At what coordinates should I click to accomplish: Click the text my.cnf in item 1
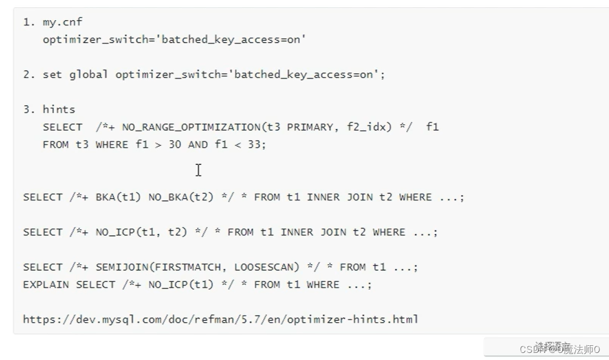click(x=63, y=22)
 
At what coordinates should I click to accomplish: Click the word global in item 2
click(x=89, y=74)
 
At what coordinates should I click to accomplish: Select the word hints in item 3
click(x=59, y=109)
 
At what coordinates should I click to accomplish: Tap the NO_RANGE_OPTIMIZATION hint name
click(x=191, y=127)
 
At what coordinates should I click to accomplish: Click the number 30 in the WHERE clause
click(x=175, y=144)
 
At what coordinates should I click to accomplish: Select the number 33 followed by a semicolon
click(x=257, y=144)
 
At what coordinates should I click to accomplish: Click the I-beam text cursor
click(x=198, y=170)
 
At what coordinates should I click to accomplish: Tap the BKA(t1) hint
click(x=118, y=197)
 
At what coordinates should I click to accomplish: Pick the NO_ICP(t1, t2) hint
click(x=142, y=232)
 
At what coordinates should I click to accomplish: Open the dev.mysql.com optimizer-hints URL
click(x=221, y=319)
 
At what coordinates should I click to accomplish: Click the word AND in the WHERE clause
click(x=198, y=144)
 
